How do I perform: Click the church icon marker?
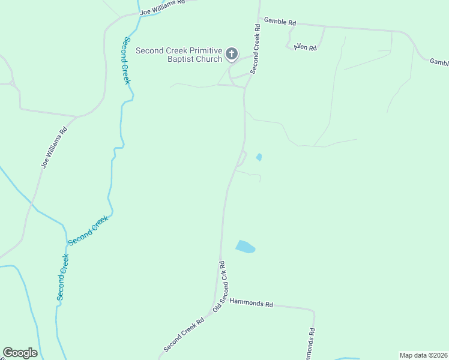coord(232,55)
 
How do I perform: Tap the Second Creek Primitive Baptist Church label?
coord(179,55)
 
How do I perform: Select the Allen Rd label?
coord(305,47)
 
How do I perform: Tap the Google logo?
coord(20,353)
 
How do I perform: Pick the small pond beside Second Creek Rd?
coord(259,157)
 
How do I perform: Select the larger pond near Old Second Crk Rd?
coord(245,247)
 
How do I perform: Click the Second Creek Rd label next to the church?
coord(256,49)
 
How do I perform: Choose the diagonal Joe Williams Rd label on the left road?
coord(54,147)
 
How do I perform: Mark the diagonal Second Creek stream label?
coord(88,230)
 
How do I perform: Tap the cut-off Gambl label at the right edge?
coord(439,62)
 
